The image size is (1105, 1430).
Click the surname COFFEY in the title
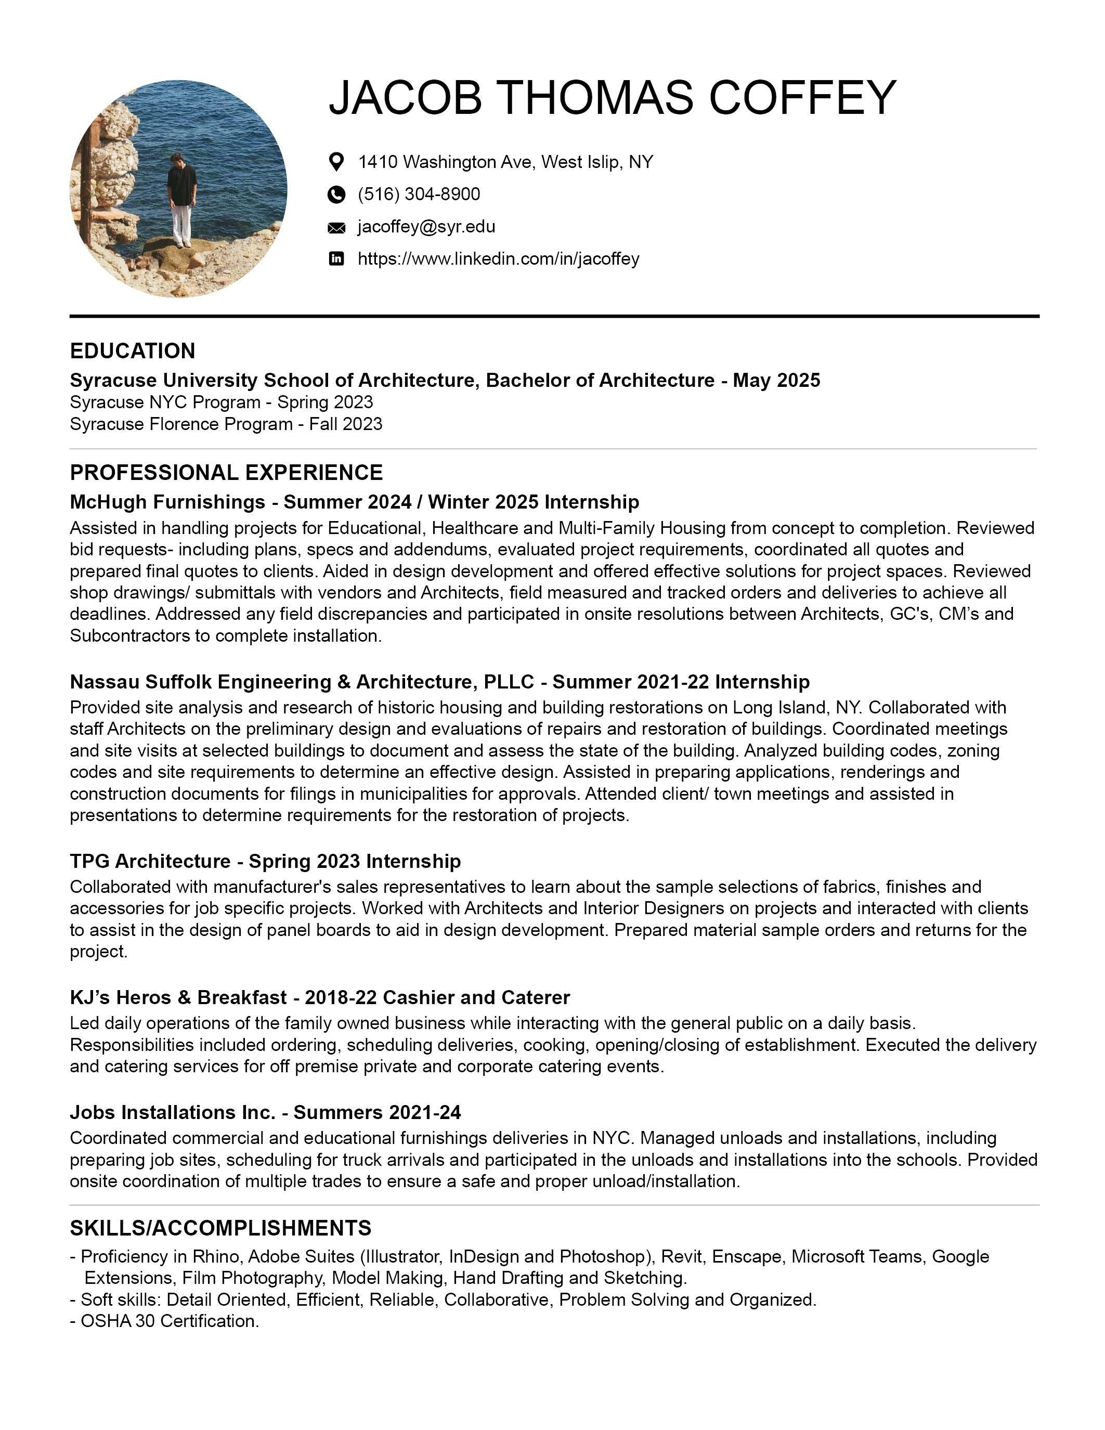[802, 98]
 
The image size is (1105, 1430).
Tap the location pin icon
[336, 162]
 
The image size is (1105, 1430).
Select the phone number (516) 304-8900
[419, 194]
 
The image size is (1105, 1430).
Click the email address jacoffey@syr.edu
[426, 227]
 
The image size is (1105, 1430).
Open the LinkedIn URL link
[498, 258]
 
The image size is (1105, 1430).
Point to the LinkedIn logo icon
[336, 258]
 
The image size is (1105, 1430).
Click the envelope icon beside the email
[336, 228]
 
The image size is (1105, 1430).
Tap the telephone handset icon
[336, 194]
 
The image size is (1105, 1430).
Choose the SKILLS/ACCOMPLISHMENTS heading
[220, 1228]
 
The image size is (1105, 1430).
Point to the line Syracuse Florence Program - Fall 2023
[226, 424]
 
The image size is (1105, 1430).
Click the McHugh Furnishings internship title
[354, 502]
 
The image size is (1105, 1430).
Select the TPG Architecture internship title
[265, 861]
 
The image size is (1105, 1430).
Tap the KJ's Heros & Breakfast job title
[319, 997]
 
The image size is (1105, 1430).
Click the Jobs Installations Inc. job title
[265, 1112]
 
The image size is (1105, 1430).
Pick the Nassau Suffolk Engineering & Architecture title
[439, 682]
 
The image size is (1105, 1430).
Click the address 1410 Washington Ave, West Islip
[505, 162]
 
